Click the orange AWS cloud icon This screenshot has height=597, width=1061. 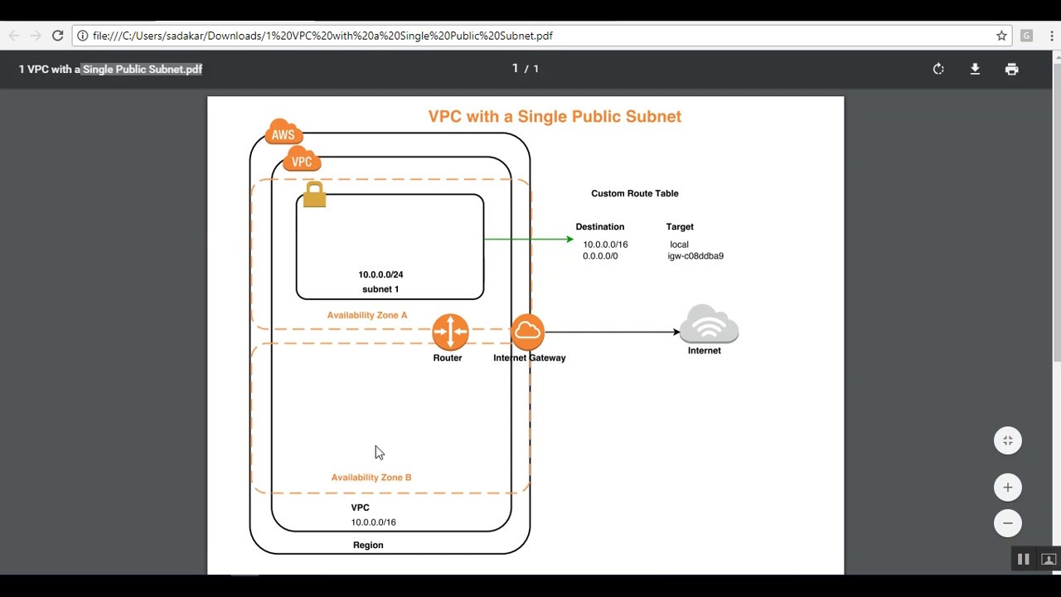click(283, 133)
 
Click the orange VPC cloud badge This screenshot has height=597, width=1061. click(302, 160)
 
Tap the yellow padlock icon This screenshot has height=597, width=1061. click(314, 195)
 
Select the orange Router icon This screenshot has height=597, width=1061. click(450, 332)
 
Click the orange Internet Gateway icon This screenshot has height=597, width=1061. click(527, 332)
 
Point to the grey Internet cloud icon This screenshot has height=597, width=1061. click(709, 324)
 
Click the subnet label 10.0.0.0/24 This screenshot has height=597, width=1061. click(380, 274)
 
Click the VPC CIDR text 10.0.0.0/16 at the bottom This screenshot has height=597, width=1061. click(373, 522)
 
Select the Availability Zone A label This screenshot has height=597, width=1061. click(367, 315)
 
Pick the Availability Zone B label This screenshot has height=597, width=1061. click(371, 478)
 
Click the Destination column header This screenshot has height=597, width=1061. click(600, 226)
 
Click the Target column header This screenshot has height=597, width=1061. click(680, 226)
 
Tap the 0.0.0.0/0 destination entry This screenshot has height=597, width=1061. click(600, 256)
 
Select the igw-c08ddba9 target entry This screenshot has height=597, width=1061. click(695, 256)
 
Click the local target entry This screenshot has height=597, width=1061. click(679, 245)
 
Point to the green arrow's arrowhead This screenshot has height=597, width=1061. click(569, 240)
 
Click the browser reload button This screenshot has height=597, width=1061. click(57, 36)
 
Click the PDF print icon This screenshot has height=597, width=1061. click(1011, 69)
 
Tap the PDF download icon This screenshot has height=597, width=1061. click(975, 69)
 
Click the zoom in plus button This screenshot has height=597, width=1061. click(1008, 488)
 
